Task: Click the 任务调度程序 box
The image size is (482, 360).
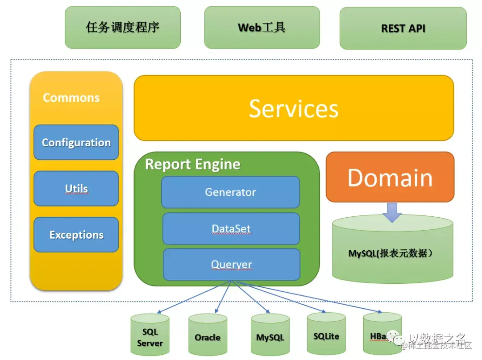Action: [x=123, y=27]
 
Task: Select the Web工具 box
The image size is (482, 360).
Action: [x=262, y=27]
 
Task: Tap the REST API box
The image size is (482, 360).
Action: [x=403, y=28]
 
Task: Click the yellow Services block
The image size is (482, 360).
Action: [x=294, y=108]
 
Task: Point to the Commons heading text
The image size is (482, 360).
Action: [x=71, y=98]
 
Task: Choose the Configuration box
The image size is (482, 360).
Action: [x=76, y=143]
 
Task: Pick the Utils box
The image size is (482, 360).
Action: [x=76, y=189]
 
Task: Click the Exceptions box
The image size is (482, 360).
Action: [x=76, y=235]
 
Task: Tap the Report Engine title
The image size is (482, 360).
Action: [x=193, y=165]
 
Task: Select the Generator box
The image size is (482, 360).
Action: [x=230, y=192]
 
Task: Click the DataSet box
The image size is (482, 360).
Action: [x=231, y=229]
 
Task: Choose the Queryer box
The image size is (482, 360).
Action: [x=231, y=265]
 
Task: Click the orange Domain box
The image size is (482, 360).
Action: [x=390, y=177]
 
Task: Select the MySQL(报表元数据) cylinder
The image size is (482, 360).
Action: [x=392, y=252]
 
